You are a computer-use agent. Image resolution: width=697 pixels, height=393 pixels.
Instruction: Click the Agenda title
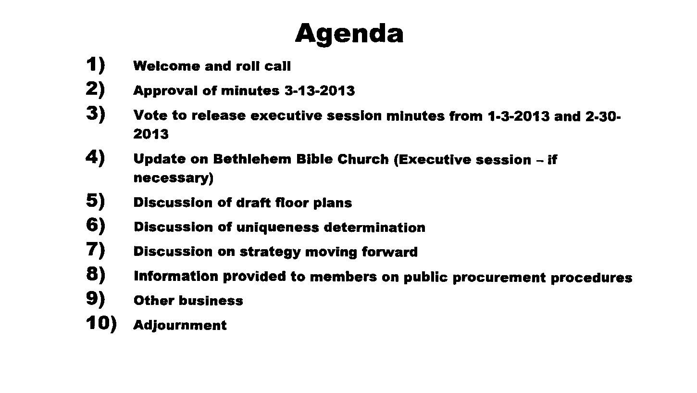349,34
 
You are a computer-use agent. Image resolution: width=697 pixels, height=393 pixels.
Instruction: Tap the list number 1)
96,65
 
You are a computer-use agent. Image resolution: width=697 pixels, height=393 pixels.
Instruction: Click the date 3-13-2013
320,90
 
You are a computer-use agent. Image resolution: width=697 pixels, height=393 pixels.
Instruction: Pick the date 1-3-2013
519,116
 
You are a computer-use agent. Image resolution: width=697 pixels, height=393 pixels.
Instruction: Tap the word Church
363,159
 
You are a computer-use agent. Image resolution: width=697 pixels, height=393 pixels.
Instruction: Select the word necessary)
174,178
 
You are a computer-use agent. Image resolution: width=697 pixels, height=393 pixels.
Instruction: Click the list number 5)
96,200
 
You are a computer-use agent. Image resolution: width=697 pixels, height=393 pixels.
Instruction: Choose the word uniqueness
277,228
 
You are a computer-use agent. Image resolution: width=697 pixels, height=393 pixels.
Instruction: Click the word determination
374,228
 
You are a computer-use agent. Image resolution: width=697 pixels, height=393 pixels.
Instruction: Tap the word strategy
270,252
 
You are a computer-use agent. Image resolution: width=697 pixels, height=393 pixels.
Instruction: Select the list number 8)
96,274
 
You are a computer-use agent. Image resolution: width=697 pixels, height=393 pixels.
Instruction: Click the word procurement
499,278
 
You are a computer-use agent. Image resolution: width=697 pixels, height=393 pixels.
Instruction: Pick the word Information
176,276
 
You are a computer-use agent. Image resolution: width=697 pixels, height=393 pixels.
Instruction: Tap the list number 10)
101,323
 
